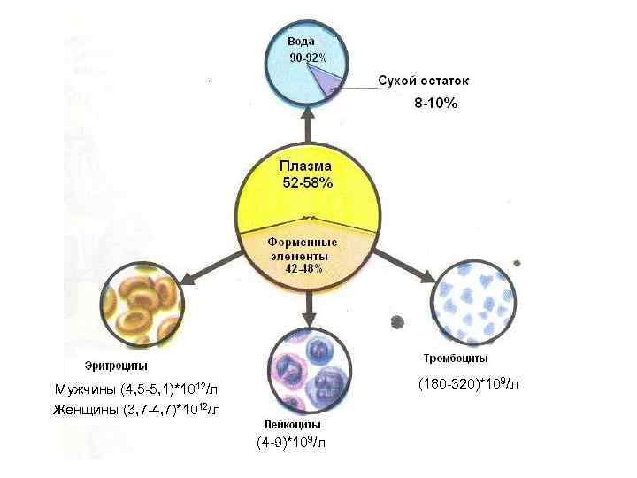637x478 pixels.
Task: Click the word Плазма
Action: pyautogui.click(x=306, y=166)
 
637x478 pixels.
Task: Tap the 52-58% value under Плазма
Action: pyautogui.click(x=307, y=182)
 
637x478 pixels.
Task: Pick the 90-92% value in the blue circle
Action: pyautogui.click(x=309, y=57)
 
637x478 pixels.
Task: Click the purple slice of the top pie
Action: pyautogui.click(x=329, y=81)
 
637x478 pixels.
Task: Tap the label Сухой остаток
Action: pyautogui.click(x=423, y=81)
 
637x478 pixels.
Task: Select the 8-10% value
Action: pyautogui.click(x=436, y=104)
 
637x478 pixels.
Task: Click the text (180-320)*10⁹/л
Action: pyautogui.click(x=467, y=384)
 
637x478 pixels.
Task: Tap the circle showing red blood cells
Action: pyautogui.click(x=142, y=305)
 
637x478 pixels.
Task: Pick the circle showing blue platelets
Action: pyautogui.click(x=473, y=300)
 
